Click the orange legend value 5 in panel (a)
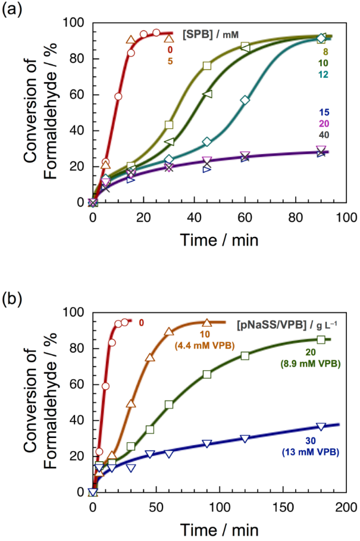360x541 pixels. tap(171, 61)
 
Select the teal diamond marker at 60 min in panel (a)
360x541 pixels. tap(245, 100)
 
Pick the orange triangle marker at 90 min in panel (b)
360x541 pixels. tap(206, 323)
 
